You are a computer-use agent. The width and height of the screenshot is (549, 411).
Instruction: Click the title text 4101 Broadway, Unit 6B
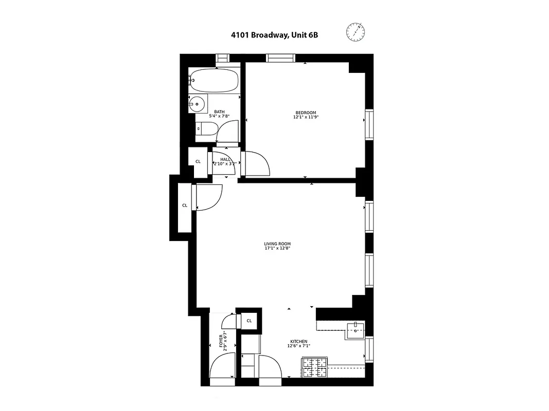[271, 36]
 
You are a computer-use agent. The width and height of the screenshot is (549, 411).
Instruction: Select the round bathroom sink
[196, 104]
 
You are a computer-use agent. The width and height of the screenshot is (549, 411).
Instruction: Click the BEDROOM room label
[306, 113]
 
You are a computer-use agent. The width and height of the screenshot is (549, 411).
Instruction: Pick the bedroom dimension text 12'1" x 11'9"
[306, 117]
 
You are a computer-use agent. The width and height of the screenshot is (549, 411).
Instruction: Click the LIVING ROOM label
[277, 244]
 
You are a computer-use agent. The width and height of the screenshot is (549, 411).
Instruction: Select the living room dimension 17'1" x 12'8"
[277, 249]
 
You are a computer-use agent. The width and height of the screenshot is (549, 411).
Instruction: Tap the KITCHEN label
[298, 342]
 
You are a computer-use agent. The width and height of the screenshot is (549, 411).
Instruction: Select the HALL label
[225, 159]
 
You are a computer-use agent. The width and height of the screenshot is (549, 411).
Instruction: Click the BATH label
[219, 112]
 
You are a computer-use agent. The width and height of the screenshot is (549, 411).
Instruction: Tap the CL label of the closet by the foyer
[249, 321]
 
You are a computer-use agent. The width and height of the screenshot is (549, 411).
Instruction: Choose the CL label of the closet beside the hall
[198, 162]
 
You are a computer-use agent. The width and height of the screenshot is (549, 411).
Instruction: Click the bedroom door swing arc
[259, 163]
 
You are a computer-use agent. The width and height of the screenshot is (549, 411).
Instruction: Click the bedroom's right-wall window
[369, 124]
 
